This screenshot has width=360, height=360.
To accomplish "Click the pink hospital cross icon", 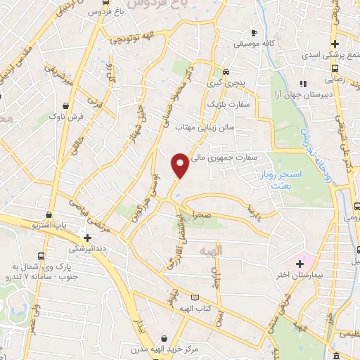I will point(300,262).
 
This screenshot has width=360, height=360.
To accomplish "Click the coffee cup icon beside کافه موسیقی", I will point(255,33).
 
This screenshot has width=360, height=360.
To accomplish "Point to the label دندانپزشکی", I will point(87,249).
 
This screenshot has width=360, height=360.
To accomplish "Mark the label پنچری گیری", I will point(226,83).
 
